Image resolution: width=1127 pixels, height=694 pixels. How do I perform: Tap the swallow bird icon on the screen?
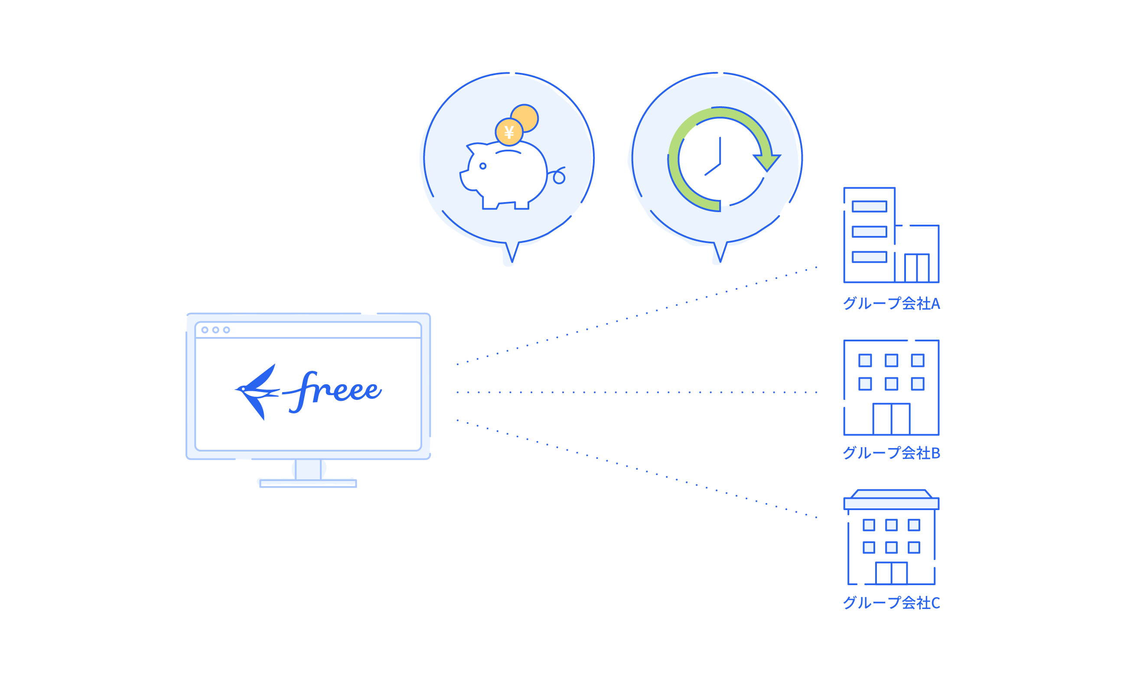(257, 391)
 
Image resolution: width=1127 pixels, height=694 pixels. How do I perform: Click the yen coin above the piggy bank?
(509, 132)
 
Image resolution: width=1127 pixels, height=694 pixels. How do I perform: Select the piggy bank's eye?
(482, 166)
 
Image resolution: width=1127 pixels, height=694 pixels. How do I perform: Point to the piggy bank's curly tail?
(558, 176)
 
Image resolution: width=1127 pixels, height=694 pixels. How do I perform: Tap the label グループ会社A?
(891, 303)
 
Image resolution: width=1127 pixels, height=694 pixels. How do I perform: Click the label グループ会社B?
(891, 453)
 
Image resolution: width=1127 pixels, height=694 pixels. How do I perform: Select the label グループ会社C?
(891, 602)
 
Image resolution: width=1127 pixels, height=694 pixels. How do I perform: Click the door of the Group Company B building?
(891, 419)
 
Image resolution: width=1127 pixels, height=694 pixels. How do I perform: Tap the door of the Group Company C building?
(891, 573)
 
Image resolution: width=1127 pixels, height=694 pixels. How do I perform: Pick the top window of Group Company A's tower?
(869, 206)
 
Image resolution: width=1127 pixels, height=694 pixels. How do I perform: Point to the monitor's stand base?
(307, 482)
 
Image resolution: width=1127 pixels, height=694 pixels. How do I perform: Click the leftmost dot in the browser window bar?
(205, 330)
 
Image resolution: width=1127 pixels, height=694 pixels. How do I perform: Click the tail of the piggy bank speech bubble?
(511, 253)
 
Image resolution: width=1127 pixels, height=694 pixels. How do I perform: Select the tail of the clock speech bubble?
(719, 253)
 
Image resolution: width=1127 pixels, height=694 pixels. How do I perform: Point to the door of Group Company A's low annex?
(917, 268)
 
